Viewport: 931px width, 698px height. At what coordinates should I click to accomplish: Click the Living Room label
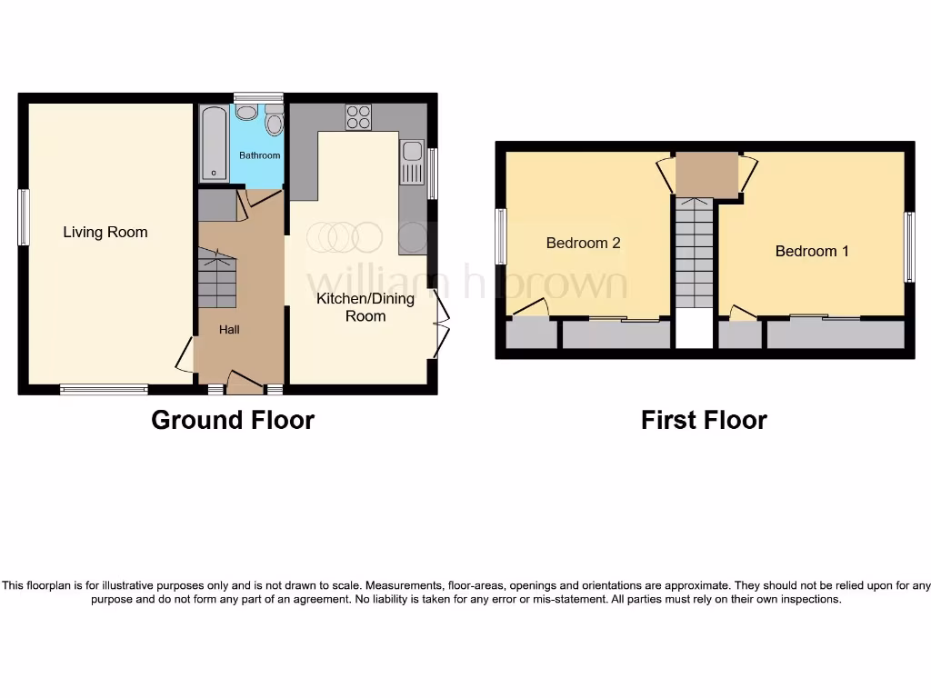[x=105, y=233]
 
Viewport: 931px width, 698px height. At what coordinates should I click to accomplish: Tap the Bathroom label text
[x=260, y=155]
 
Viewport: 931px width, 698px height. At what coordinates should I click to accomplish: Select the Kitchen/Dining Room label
[x=365, y=307]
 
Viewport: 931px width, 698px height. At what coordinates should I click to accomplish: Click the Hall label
[x=229, y=330]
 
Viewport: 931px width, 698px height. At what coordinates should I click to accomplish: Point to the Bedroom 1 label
[x=812, y=251]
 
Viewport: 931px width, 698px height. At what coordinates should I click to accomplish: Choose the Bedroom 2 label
[x=583, y=243]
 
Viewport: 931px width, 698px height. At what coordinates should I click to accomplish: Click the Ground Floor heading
[x=233, y=420]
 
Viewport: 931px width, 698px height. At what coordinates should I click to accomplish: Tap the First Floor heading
[x=704, y=420]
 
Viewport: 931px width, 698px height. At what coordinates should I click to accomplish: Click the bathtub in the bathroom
[x=214, y=145]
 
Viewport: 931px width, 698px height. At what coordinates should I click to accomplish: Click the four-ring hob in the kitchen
[x=358, y=117]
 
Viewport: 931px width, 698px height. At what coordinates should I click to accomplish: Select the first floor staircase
[x=695, y=254]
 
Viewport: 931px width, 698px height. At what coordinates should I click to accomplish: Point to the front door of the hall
[x=244, y=383]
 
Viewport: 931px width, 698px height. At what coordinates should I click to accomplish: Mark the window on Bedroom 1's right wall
[x=908, y=246]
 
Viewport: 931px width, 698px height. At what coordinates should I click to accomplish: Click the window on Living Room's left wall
[x=24, y=217]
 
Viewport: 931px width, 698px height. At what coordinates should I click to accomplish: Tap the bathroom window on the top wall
[x=258, y=97]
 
